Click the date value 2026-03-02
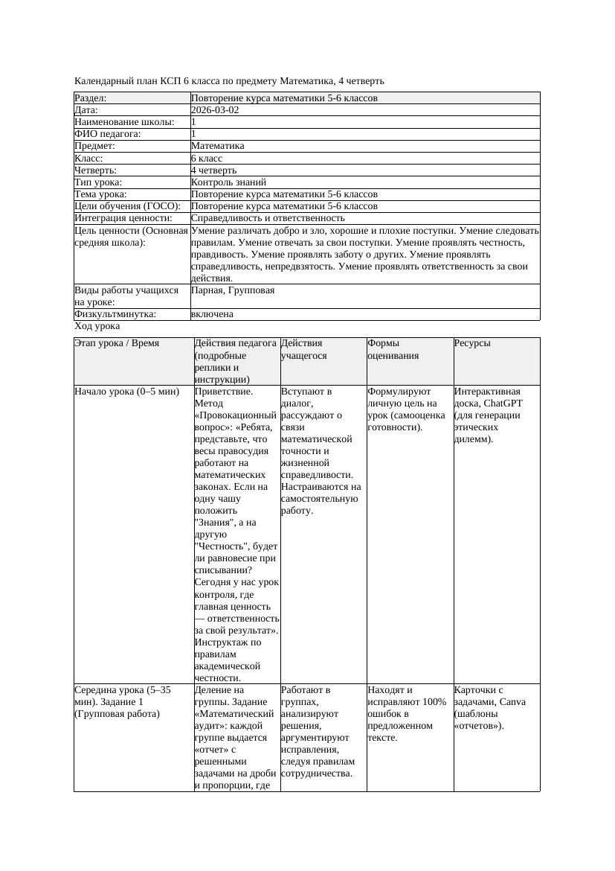[x=215, y=110]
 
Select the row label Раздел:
[x=91, y=98]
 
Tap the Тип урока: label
[x=98, y=182]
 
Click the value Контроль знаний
[x=228, y=182]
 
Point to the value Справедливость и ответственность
[x=268, y=218]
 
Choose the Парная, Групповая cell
[x=233, y=290]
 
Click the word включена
[x=212, y=314]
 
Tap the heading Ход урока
[x=97, y=326]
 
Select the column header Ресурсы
[x=472, y=343]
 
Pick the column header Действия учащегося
[x=303, y=349]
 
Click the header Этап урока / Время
[x=117, y=343]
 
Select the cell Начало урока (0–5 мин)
[x=127, y=392]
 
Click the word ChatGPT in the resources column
[x=503, y=403]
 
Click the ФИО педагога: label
[x=108, y=134]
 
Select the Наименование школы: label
[x=125, y=122]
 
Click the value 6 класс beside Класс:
[x=207, y=159]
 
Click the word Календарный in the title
[x=103, y=80]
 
